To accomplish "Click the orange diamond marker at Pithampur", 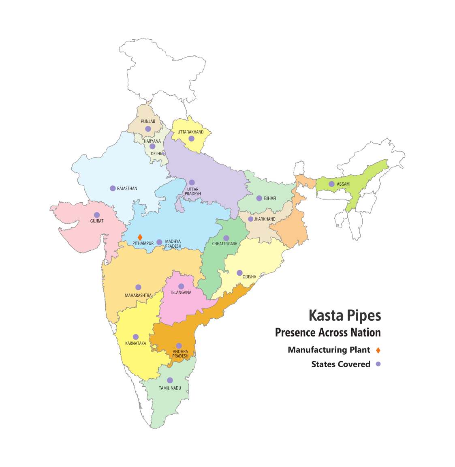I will point(140,237).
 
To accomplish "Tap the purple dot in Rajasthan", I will point(113,188).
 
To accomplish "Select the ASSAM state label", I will point(343,184).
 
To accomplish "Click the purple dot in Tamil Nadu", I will point(170,380).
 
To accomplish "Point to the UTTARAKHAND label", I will point(190,132).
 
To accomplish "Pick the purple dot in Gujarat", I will point(97,215).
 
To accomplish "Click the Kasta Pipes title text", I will point(345,315).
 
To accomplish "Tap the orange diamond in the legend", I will point(378,350).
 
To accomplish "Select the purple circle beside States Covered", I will point(378,364).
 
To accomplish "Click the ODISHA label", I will point(249,277).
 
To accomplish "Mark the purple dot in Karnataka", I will point(136,337).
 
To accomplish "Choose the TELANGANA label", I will point(181,292).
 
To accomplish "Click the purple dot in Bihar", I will point(259,198).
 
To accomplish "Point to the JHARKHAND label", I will point(265,219).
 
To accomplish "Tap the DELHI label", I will point(156,154).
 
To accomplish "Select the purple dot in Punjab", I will point(148,129).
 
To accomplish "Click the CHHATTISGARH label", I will point(225,244).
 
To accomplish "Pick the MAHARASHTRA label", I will point(138,296).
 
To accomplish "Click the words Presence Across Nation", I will point(328,333).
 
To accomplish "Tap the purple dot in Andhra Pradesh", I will point(179,346).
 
